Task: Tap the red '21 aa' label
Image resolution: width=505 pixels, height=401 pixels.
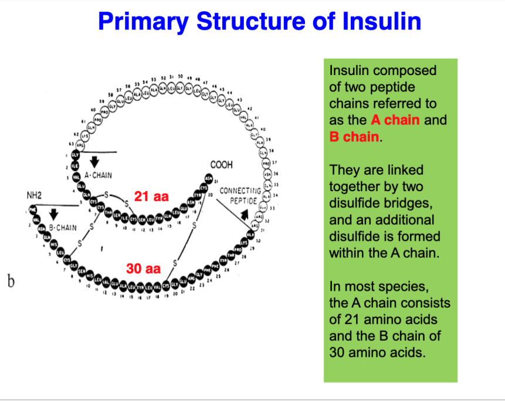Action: tap(152, 196)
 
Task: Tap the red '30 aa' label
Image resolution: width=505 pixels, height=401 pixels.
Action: tap(143, 269)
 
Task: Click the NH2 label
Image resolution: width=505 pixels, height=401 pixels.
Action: tap(33, 195)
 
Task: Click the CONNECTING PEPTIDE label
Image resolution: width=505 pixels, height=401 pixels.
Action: tap(240, 196)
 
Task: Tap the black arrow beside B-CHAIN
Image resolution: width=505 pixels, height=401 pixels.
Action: tap(53, 212)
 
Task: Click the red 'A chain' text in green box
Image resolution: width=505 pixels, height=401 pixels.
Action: tap(395, 120)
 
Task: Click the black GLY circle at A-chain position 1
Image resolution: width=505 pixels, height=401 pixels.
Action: tap(75, 155)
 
